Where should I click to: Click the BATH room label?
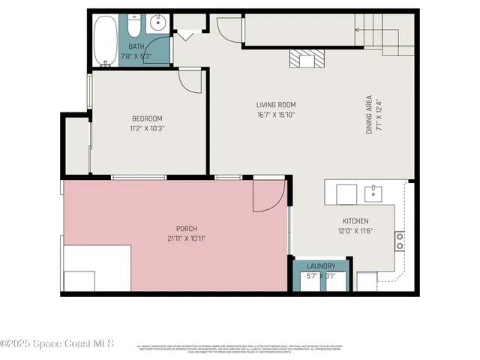coord(136,46)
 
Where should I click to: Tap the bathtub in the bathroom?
coord(106,42)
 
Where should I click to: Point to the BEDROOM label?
coord(147,118)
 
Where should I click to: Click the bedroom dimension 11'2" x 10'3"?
coord(147,128)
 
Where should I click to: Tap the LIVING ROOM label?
coord(276,105)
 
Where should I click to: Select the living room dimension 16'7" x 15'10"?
coord(276,115)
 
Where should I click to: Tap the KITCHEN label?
coord(355,221)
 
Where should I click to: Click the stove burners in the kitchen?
coord(400,240)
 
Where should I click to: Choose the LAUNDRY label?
coord(321,266)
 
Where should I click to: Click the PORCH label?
coord(187,229)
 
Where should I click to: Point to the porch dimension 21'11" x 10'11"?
coord(187,238)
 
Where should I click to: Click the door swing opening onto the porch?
coord(267,195)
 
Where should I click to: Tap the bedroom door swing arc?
coord(189,79)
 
